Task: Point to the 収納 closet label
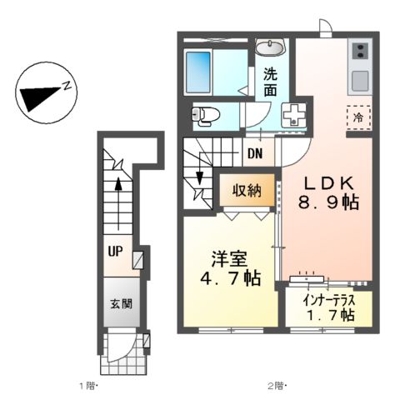point(247,189)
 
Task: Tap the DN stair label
point(256,152)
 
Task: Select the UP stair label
point(114,249)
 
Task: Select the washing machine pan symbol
point(294,115)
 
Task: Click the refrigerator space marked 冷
point(357,118)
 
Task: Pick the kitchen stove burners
point(361,53)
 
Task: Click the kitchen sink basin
point(361,81)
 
